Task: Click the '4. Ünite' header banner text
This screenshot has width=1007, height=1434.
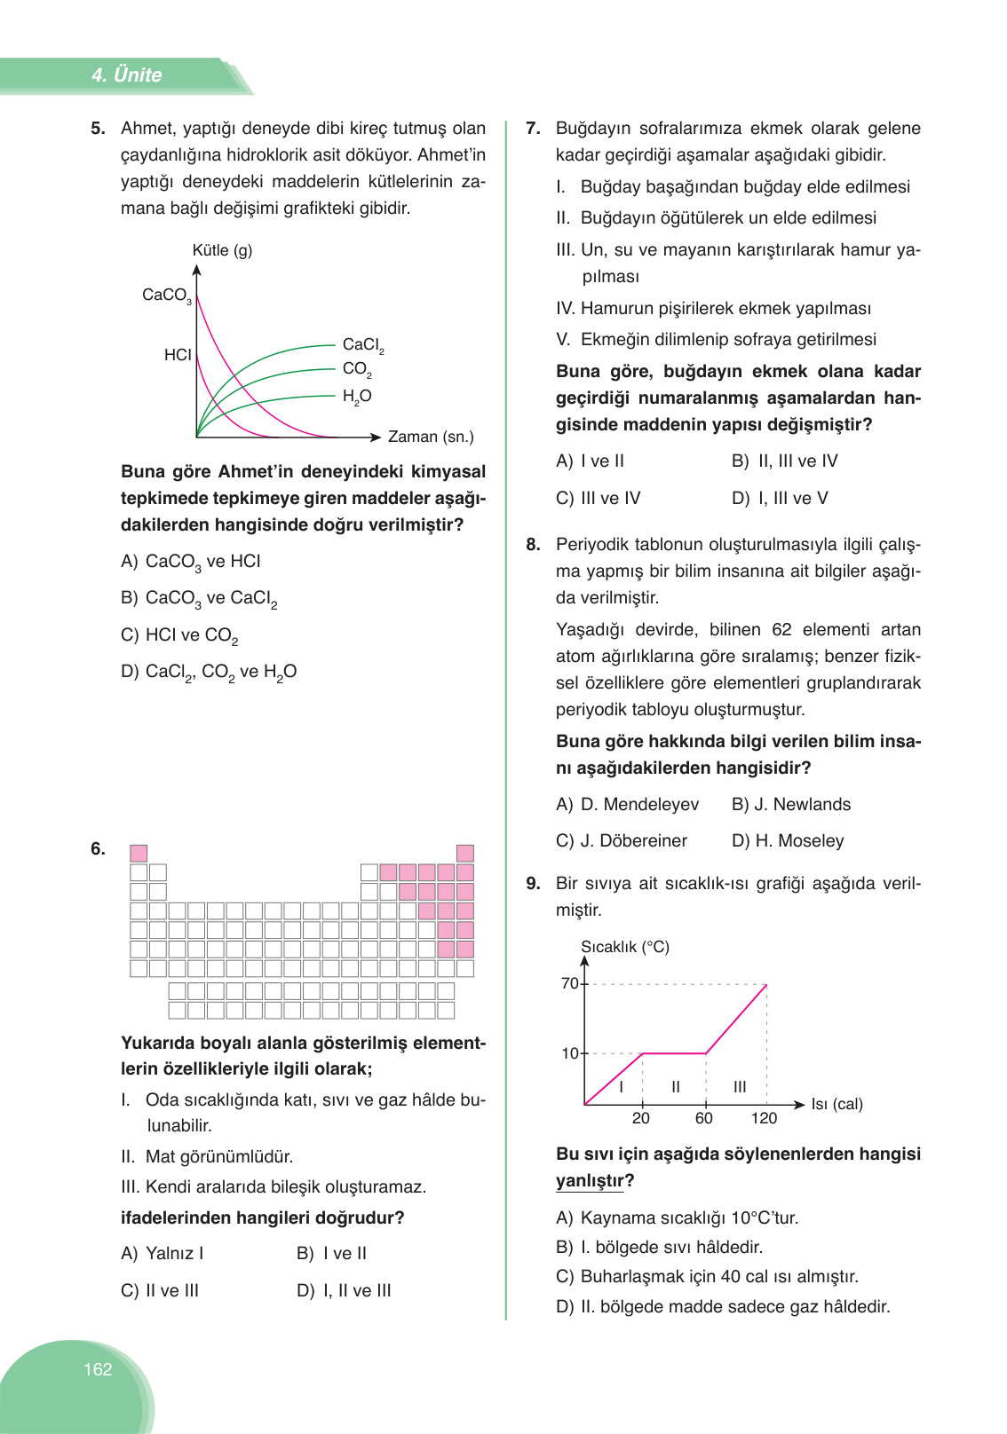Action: [x=126, y=75]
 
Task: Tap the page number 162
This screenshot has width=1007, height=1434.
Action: [x=98, y=1369]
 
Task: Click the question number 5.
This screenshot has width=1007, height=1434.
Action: [x=98, y=129]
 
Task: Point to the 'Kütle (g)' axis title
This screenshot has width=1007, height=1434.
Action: [x=222, y=250]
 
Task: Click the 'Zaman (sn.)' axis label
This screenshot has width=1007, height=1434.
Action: [x=431, y=437]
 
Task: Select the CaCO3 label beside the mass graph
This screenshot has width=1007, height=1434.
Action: [x=166, y=295]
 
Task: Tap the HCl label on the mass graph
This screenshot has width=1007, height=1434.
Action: [x=178, y=355]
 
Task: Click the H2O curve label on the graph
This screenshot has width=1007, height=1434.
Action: [x=357, y=396]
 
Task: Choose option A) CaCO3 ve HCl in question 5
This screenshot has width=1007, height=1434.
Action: [x=191, y=562]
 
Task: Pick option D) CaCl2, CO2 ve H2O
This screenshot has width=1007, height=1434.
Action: [x=209, y=672]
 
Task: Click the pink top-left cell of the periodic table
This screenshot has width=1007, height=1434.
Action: [x=139, y=853]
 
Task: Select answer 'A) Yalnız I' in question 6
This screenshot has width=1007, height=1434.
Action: [x=163, y=1253]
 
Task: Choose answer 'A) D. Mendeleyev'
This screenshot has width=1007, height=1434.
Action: [x=627, y=804]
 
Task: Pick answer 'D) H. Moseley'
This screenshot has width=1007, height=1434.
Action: [x=787, y=840]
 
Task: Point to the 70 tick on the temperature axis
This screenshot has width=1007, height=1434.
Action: [x=569, y=983]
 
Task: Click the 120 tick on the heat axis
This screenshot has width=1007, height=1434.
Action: [x=764, y=1118]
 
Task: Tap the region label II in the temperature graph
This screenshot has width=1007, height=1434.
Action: [x=676, y=1087]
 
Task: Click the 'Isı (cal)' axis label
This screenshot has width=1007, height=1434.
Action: [x=837, y=1104]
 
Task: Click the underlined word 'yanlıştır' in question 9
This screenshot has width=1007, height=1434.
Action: [x=590, y=1181]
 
